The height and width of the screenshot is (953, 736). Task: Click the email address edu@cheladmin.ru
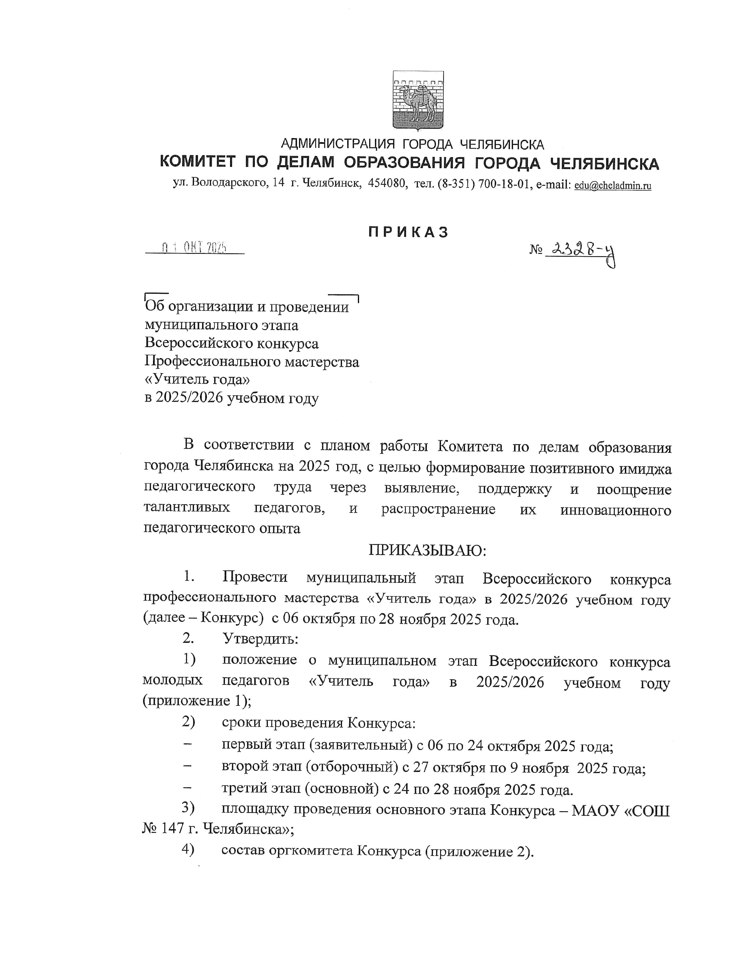(x=612, y=185)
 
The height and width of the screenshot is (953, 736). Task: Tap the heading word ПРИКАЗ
(x=408, y=232)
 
